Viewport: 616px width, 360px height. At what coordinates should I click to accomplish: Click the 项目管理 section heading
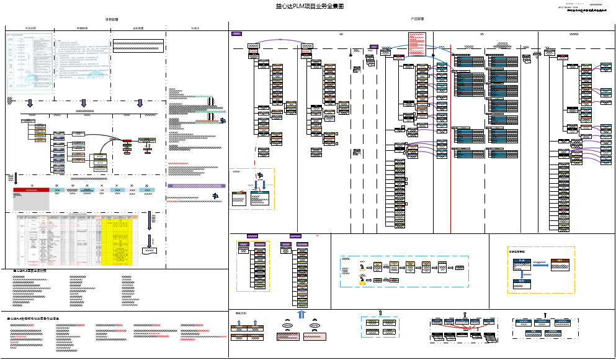click(112, 19)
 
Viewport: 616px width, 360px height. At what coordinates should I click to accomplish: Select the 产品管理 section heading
click(417, 19)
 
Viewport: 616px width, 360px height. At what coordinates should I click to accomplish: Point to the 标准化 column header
click(195, 29)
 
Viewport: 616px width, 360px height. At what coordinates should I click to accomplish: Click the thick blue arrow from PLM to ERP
click(540, 264)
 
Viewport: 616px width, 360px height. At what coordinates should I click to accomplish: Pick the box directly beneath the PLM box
click(522, 285)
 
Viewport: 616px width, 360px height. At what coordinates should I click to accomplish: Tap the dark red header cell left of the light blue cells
click(31, 189)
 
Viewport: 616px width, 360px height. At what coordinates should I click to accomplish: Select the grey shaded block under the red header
click(31, 201)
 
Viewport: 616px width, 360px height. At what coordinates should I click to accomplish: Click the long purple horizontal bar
click(197, 186)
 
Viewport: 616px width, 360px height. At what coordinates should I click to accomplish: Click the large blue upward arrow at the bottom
click(301, 315)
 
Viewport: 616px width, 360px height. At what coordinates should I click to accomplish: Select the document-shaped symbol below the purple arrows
click(150, 250)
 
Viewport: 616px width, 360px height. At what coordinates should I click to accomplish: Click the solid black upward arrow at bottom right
click(545, 315)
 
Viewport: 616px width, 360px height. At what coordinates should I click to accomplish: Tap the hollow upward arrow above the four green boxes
click(380, 312)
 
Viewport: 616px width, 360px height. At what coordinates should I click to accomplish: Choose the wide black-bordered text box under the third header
click(138, 47)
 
